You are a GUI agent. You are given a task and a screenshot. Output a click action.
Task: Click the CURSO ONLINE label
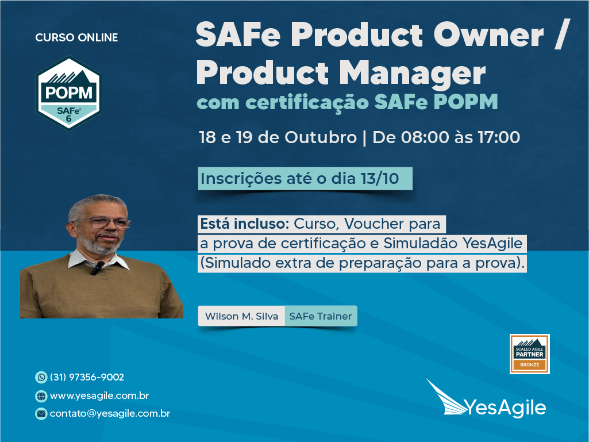click(x=76, y=37)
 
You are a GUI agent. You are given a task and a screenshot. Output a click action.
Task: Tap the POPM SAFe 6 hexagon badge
click(x=68, y=93)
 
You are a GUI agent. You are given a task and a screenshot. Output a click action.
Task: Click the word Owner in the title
click(x=488, y=34)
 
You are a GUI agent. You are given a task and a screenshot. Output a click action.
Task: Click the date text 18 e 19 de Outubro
click(x=278, y=137)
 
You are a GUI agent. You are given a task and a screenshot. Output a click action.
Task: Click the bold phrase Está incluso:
click(x=244, y=224)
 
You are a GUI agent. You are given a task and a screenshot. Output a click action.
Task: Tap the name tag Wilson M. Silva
click(x=241, y=316)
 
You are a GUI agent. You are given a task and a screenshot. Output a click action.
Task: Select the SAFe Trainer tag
click(x=321, y=316)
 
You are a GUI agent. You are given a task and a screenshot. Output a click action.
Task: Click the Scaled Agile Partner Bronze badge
click(x=530, y=354)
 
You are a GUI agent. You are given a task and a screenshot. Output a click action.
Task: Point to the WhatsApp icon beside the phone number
click(x=41, y=377)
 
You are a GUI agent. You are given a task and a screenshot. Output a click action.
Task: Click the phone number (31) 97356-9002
click(x=87, y=377)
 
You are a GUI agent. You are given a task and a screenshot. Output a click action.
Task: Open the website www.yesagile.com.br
click(x=99, y=396)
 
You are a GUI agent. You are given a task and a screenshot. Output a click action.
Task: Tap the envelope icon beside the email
click(x=41, y=414)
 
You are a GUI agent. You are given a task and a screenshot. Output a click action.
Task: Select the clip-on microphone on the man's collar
click(x=97, y=267)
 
